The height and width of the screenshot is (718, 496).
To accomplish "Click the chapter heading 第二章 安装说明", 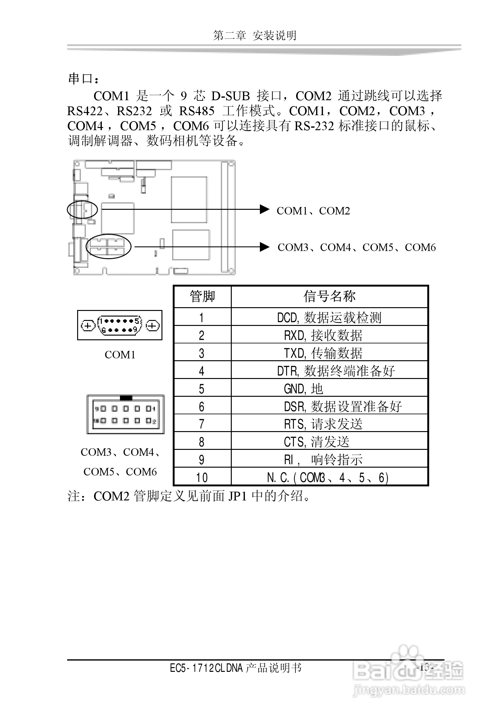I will click(x=255, y=35).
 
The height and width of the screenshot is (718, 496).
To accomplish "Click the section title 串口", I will click(x=83, y=79).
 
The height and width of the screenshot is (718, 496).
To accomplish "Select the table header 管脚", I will click(x=202, y=296).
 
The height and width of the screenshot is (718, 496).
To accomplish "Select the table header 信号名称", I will click(x=330, y=296).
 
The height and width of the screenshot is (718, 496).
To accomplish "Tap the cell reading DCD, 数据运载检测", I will click(x=329, y=317).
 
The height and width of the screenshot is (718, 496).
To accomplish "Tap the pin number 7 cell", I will click(x=202, y=424).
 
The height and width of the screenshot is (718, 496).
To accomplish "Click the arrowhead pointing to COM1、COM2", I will click(x=264, y=209).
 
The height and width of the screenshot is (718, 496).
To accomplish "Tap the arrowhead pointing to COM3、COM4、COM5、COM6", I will click(x=264, y=247).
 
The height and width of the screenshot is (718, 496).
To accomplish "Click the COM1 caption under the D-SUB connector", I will click(x=120, y=355).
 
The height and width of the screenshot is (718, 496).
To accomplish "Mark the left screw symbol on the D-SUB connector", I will click(x=88, y=326).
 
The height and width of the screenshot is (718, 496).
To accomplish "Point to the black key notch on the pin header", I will click(x=126, y=398).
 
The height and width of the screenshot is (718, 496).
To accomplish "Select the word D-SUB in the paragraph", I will click(x=231, y=96).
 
